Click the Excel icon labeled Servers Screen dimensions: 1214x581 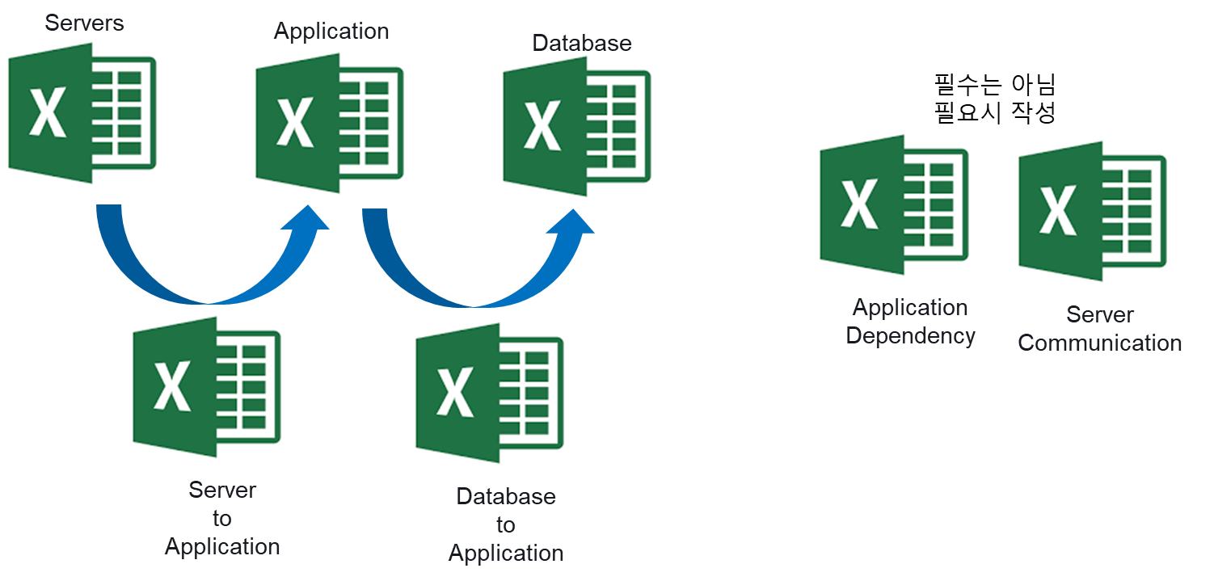pos(82,113)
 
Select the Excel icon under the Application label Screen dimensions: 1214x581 pos(329,123)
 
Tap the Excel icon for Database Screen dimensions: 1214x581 pos(576,126)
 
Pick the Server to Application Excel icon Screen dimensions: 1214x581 pos(206,387)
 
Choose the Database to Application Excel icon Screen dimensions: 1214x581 pos(489,393)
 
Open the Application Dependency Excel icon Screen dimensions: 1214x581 pos(893,204)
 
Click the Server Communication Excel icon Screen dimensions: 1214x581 pos(1092,211)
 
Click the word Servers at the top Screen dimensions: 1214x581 pos(85,23)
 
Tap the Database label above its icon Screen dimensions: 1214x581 pos(582,43)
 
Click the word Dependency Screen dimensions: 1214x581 pos(910,335)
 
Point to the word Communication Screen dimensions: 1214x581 pos(1099,343)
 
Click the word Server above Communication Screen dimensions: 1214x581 pos(1099,314)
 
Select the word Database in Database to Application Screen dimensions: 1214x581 pos(506,496)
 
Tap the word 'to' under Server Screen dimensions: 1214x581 pos(222,518)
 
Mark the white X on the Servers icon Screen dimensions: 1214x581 pos(48,114)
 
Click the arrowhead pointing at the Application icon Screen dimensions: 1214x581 pos(306,218)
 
